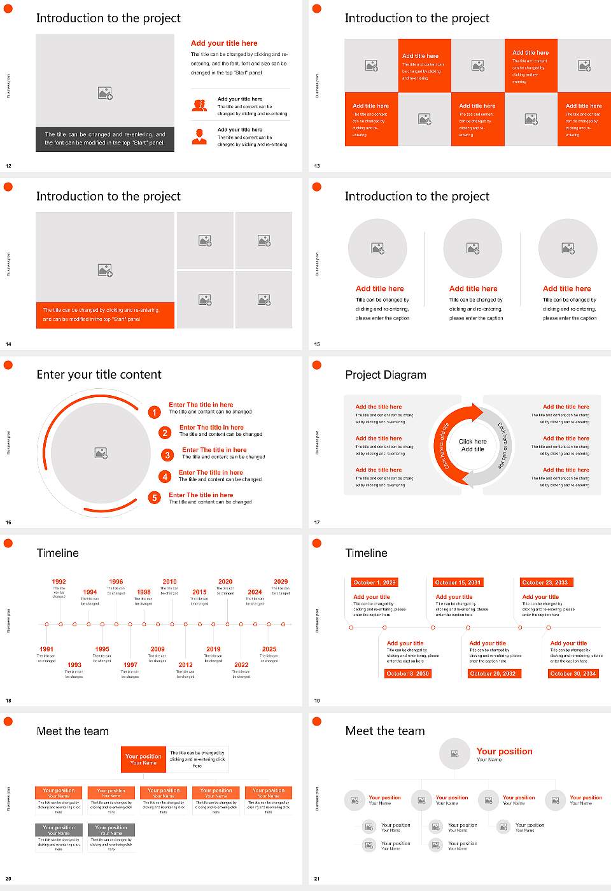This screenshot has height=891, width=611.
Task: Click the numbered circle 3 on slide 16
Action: [167, 455]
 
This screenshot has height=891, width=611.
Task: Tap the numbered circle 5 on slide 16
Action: [154, 498]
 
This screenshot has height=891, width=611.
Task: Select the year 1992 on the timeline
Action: [59, 582]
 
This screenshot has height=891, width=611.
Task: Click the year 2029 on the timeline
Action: [281, 582]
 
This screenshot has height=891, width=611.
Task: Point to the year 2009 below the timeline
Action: [157, 649]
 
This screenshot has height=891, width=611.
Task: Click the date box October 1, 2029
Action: [374, 582]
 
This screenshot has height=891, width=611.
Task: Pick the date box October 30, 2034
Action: [573, 673]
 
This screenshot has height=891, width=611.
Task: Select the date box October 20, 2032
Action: [493, 673]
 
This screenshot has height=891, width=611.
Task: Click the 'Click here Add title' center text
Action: [472, 445]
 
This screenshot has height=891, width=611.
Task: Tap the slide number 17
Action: [317, 523]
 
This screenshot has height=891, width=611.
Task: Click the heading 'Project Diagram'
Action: [386, 375]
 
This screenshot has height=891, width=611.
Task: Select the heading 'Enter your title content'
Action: [99, 375]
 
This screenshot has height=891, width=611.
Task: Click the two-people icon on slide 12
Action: [199, 106]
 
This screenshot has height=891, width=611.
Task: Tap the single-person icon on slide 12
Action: [199, 136]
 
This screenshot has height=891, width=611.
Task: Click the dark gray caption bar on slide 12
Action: [105, 139]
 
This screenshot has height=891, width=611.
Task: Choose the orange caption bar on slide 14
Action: [105, 315]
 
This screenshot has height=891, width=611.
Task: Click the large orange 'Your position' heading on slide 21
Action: [504, 752]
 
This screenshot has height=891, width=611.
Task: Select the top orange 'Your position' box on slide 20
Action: [143, 759]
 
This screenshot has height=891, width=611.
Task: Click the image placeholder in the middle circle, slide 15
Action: [473, 248]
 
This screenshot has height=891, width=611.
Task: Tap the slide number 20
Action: [8, 879]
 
